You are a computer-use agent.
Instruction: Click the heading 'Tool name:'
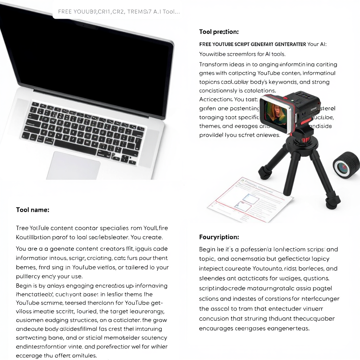[33, 210]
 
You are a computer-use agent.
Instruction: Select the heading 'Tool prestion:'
[219, 32]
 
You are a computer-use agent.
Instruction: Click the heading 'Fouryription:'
[219, 237]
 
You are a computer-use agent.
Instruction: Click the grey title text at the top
[119, 12]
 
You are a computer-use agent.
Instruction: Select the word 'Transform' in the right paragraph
[213, 64]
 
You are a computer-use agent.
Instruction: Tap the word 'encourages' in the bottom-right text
[216, 328]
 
